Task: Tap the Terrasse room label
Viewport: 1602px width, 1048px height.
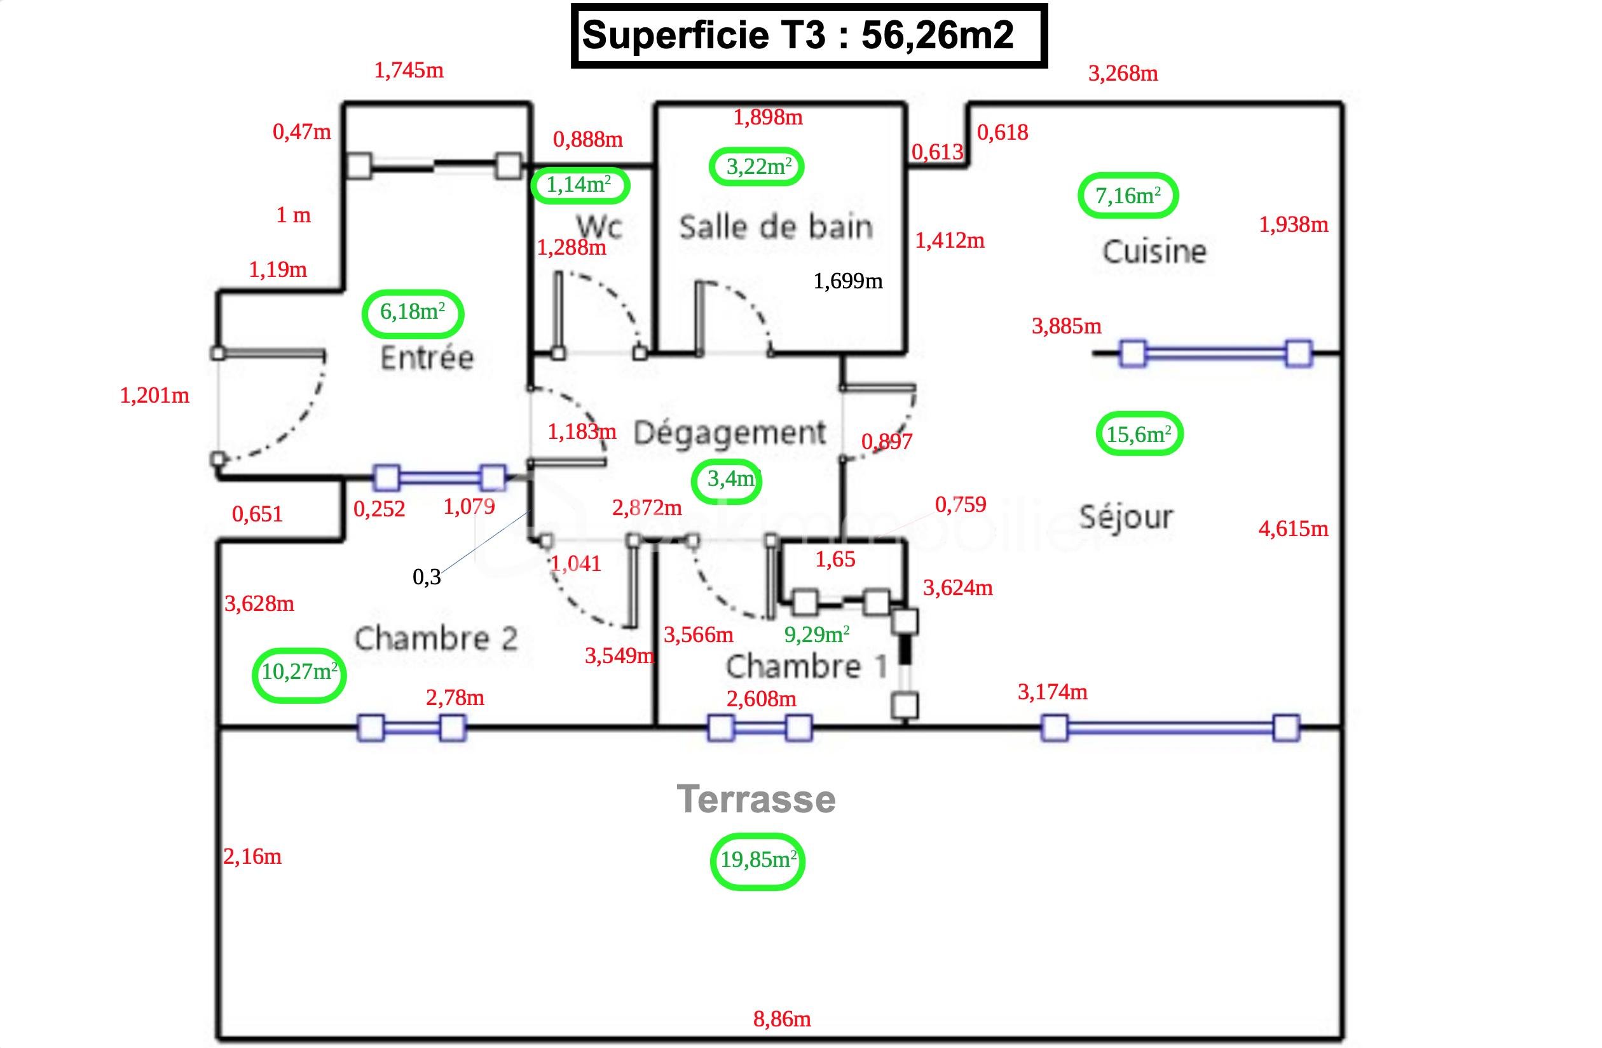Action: pyautogui.click(x=756, y=799)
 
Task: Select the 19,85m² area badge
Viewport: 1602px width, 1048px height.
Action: pyautogui.click(x=758, y=861)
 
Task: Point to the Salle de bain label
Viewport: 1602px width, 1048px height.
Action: pyautogui.click(x=776, y=227)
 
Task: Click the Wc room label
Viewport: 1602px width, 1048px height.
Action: pyautogui.click(x=599, y=226)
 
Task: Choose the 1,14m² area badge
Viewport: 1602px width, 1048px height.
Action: pyautogui.click(x=580, y=185)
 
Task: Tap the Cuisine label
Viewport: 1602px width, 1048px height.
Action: pyautogui.click(x=1154, y=252)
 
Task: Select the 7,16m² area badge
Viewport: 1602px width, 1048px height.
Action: pyautogui.click(x=1128, y=196)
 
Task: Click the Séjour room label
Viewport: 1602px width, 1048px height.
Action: pyautogui.click(x=1126, y=517)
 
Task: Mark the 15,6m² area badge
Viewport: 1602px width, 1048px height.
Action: pyautogui.click(x=1139, y=434)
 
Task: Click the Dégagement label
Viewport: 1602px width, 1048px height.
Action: pyautogui.click(x=730, y=433)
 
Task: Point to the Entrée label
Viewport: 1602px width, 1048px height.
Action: pyautogui.click(x=427, y=357)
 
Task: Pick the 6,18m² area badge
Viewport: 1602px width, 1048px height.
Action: pyautogui.click(x=413, y=312)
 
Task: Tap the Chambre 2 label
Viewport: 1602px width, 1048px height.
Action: pyautogui.click(x=436, y=638)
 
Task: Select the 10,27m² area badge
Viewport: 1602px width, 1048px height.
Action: pyautogui.click(x=299, y=672)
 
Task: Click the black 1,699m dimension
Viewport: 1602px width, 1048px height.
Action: pyautogui.click(x=847, y=281)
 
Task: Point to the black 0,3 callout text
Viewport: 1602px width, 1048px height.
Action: pyautogui.click(x=426, y=577)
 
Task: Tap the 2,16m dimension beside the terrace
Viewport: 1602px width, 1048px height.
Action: pyautogui.click(x=252, y=857)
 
